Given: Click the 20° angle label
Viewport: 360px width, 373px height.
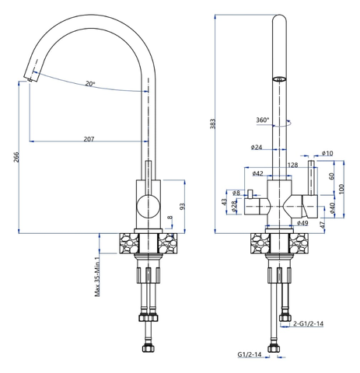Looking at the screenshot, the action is [x=90, y=84].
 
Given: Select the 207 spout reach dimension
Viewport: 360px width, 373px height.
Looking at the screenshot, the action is [x=89, y=139].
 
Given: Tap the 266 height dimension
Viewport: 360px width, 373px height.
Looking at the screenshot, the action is [x=16, y=157].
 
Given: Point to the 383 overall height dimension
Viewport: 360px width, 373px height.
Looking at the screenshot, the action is [x=212, y=124].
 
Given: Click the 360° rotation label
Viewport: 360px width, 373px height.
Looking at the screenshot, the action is [x=263, y=120].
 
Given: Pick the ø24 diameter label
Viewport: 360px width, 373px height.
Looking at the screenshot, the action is [x=257, y=147].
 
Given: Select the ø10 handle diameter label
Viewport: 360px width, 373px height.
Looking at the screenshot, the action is [x=327, y=153].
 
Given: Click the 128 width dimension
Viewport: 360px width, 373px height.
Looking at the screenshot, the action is [x=293, y=165].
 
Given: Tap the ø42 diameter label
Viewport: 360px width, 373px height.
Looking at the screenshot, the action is [x=257, y=173].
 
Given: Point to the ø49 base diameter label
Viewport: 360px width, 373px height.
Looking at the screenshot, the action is [x=302, y=222].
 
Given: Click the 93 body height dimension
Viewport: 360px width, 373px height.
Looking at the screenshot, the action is [x=183, y=207].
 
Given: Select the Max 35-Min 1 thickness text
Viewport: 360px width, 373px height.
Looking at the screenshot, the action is [x=97, y=277].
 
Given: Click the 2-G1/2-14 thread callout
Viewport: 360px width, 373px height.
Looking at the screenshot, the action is [x=309, y=323].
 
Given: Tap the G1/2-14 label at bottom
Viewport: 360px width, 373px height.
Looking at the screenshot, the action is [x=250, y=354].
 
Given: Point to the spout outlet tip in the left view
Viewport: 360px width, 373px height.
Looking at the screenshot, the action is [x=30, y=80].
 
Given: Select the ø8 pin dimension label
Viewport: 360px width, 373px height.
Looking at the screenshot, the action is [x=236, y=193].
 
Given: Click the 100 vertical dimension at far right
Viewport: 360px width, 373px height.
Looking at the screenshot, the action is [x=341, y=189].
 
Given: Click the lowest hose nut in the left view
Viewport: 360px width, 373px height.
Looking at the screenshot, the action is [x=148, y=348].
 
